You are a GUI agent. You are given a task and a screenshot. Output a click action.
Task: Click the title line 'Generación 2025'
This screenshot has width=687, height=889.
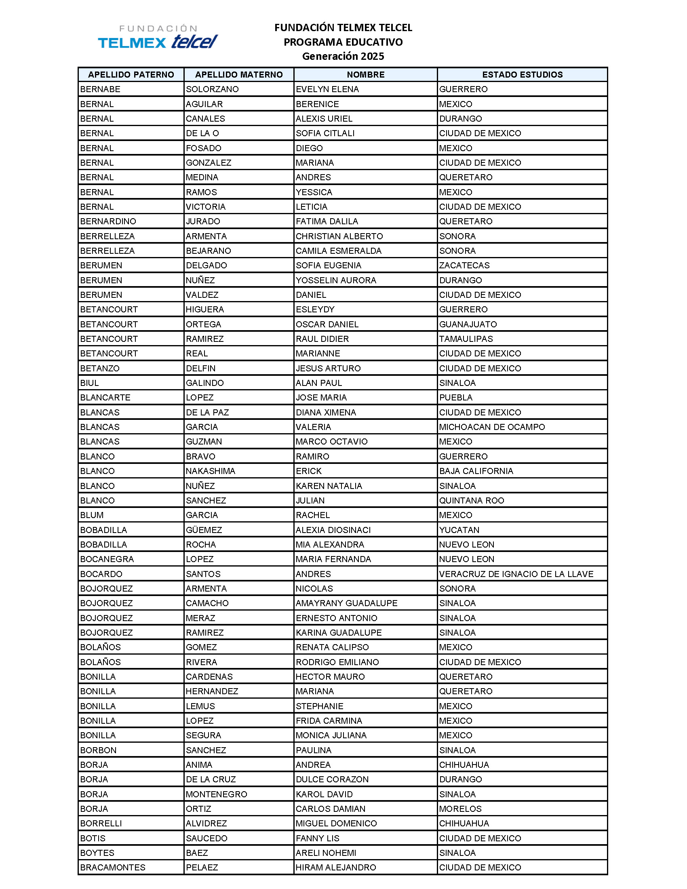click(343, 56)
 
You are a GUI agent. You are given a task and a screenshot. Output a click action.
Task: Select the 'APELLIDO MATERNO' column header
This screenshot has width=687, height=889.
click(238, 74)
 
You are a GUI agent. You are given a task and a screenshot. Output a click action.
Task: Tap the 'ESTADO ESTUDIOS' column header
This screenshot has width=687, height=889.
click(522, 74)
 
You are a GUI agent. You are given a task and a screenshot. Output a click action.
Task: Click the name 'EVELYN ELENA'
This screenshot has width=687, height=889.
click(327, 89)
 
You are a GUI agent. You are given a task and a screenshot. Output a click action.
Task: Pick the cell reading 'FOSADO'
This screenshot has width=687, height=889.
click(204, 148)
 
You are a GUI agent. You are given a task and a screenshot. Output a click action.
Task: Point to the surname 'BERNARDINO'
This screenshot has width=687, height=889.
click(108, 221)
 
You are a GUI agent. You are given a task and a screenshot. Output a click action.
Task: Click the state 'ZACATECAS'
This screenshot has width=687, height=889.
click(464, 265)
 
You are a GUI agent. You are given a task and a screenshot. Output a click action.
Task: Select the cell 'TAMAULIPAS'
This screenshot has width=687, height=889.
click(466, 339)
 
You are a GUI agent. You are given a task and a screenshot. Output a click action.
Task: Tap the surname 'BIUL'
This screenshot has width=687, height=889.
click(90, 383)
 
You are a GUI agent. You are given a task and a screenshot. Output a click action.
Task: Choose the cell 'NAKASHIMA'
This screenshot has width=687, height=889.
click(211, 471)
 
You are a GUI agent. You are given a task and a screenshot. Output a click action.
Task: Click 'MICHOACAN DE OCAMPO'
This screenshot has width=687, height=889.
click(492, 427)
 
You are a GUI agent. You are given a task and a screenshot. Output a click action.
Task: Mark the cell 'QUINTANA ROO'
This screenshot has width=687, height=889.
click(471, 501)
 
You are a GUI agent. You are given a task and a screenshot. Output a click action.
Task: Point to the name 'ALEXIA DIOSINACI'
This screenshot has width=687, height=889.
click(333, 530)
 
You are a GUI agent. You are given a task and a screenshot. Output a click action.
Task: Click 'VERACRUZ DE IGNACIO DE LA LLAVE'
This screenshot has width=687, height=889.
click(516, 574)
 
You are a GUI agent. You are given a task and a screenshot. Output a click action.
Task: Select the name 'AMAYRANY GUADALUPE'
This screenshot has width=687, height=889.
click(346, 603)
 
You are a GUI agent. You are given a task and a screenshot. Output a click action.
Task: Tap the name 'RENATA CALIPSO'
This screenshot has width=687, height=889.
click(332, 647)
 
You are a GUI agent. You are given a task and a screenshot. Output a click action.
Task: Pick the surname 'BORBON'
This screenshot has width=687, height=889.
click(98, 750)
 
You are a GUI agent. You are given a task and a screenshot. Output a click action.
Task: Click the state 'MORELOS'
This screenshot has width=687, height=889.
click(460, 809)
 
